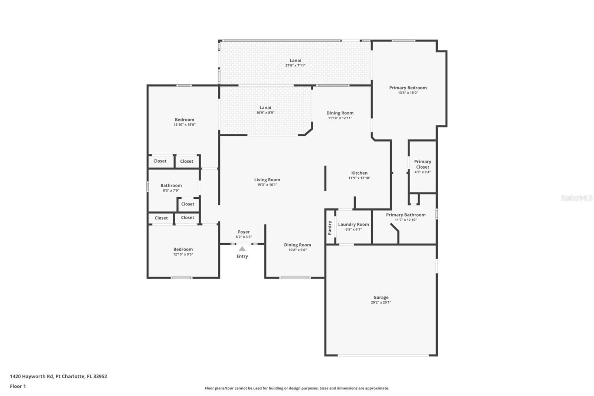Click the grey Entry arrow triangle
[242, 249]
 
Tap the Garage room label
[381, 297]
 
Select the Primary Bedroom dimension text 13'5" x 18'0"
[408, 92]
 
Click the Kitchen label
[359, 173]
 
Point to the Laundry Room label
[353, 224]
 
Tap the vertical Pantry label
[330, 228]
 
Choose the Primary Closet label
[422, 164]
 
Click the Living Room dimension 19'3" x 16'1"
[267, 185]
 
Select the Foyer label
[244, 232]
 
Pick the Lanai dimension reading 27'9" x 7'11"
[296, 65]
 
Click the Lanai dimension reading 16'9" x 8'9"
[265, 113]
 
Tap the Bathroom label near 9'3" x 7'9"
[171, 185]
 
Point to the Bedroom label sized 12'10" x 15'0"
[184, 120]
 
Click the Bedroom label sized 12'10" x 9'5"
[183, 249]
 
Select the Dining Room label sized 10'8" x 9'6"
[297, 245]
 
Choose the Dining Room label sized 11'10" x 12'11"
[340, 113]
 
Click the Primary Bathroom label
[406, 215]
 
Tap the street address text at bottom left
[59, 376]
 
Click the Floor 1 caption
[18, 386]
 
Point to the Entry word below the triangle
[242, 256]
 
